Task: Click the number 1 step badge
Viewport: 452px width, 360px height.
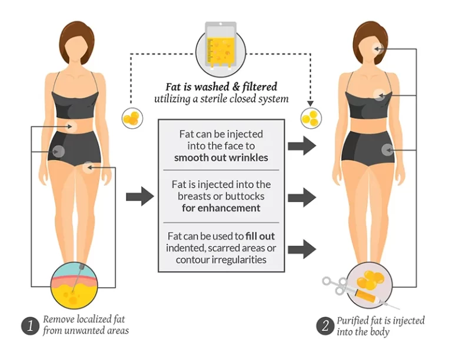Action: click(30, 326)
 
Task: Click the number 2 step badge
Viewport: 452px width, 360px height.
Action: click(325, 326)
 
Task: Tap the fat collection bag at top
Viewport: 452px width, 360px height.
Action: click(221, 45)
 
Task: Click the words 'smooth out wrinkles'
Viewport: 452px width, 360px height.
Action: click(221, 158)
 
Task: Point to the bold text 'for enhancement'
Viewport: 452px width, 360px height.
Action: click(221, 208)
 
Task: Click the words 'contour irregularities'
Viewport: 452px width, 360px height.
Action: click(221, 260)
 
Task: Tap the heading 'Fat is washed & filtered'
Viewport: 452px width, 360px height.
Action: click(221, 86)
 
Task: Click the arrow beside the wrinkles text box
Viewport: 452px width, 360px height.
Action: click(302, 146)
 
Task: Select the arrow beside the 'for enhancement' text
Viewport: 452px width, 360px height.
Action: click(302, 197)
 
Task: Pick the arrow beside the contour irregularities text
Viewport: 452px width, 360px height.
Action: click(302, 249)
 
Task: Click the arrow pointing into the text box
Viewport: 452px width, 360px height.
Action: click(140, 196)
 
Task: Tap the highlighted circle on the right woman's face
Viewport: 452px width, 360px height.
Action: click(378, 49)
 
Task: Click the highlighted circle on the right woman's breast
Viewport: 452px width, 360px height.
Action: click(380, 95)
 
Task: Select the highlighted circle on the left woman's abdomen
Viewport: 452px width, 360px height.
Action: click(71, 126)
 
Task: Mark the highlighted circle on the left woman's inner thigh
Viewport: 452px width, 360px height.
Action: click(88, 167)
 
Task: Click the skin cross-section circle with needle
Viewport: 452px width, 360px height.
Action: click(74, 285)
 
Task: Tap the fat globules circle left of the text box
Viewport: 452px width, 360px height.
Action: click(132, 118)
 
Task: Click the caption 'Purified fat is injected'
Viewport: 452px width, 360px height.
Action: click(381, 321)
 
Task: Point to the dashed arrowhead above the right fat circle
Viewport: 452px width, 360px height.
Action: click(311, 104)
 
